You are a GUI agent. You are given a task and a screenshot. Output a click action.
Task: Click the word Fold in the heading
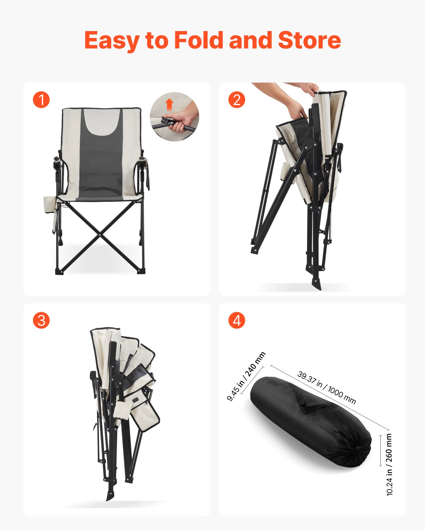tap(198, 40)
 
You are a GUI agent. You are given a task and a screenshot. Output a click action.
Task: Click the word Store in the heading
tap(309, 40)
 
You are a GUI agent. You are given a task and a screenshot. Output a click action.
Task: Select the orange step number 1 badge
tap(41, 100)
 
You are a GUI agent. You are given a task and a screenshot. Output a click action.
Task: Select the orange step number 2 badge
tap(237, 100)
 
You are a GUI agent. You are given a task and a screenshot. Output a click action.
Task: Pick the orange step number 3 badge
tap(41, 320)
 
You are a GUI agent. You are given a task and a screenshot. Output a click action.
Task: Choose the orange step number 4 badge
tap(237, 320)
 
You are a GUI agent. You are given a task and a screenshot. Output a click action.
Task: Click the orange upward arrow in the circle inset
tap(169, 104)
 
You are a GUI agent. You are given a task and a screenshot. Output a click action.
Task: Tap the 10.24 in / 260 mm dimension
tap(389, 465)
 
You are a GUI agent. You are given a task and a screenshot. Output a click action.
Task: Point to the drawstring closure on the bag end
tap(359, 448)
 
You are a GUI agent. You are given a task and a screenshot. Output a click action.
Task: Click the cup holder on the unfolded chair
tap(49, 204)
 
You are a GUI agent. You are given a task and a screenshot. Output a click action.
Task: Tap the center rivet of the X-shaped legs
tap(100, 235)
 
